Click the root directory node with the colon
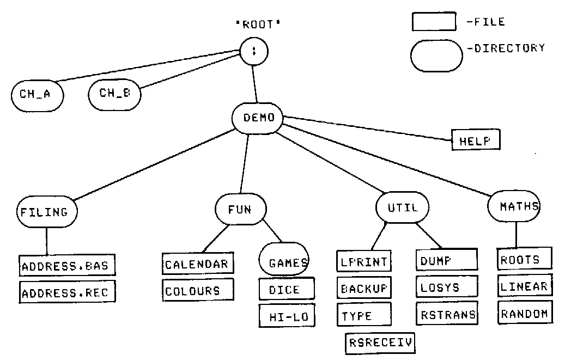point(253,52)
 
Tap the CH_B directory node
point(114,94)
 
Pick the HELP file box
point(475,140)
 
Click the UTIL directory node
point(403,207)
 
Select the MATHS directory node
point(515,206)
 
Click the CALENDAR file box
point(197,264)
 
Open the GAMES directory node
point(284,263)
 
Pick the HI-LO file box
point(287,316)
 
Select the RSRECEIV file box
point(380,342)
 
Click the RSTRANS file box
point(447,314)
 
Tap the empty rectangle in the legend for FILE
point(433,22)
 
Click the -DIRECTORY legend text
point(506,48)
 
